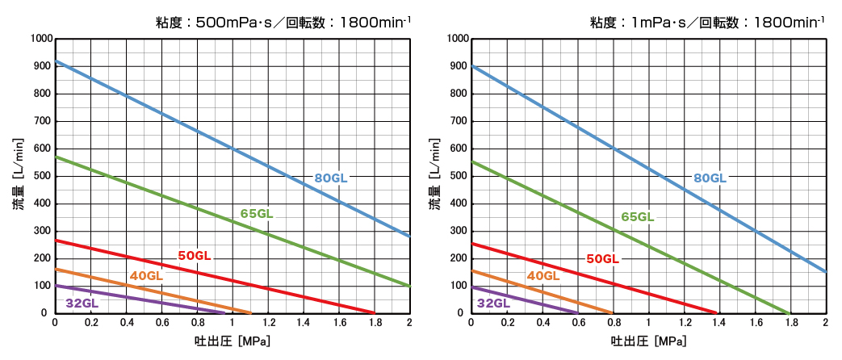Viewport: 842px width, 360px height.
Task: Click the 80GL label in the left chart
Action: (331, 178)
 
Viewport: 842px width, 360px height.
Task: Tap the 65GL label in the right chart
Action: (637, 216)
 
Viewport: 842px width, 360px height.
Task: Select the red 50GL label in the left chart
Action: (195, 256)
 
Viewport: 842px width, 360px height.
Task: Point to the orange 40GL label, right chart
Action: (543, 276)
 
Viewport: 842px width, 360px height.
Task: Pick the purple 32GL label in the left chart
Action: (82, 303)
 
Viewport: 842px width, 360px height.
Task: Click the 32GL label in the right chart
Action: (493, 303)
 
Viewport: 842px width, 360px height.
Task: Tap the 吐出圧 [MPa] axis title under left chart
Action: (232, 341)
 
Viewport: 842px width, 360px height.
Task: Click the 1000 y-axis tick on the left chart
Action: (40, 39)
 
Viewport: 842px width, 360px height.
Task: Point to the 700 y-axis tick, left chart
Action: (43, 121)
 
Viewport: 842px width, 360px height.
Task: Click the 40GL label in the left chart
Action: (146, 276)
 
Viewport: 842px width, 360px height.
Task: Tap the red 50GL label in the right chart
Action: (602, 259)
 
